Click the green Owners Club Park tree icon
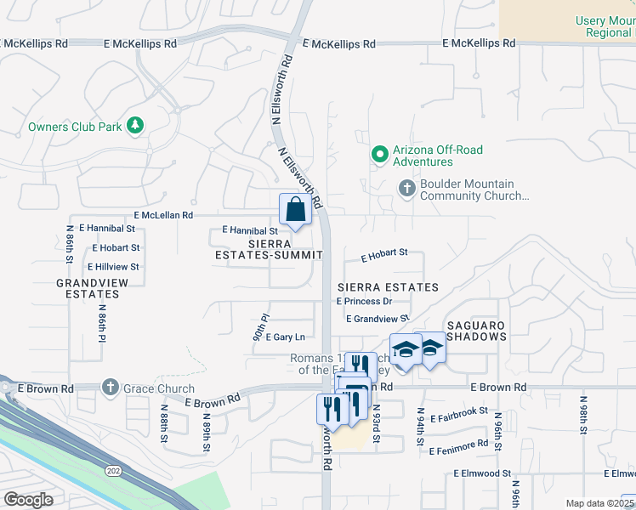pyautogui.click(x=133, y=127)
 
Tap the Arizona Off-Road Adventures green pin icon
pyautogui.click(x=379, y=155)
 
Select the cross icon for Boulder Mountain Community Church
pyautogui.click(x=407, y=188)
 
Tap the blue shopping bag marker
pyautogui.click(x=293, y=210)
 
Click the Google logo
pyautogui.click(x=28, y=500)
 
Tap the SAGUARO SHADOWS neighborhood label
pyautogui.click(x=476, y=331)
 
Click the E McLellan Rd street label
pyautogui.click(x=163, y=216)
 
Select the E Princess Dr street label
pyautogui.click(x=364, y=301)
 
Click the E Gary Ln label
pyautogui.click(x=285, y=337)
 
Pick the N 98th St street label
pyautogui.click(x=583, y=416)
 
